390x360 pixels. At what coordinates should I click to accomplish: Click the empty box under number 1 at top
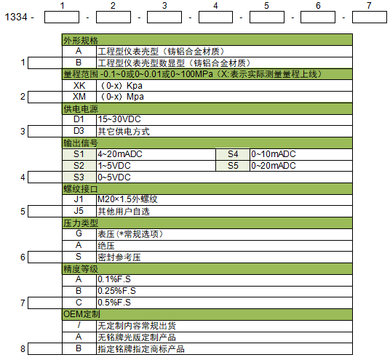coord(62,17)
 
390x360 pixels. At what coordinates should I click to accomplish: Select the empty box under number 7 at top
coord(370,17)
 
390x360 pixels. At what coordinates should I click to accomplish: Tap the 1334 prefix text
coord(16,17)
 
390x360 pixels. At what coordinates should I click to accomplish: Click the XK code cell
coord(79,86)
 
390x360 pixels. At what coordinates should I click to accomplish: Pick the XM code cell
coord(79,97)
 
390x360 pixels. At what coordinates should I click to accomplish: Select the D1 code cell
coord(79,119)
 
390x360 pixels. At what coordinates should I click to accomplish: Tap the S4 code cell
coord(233,154)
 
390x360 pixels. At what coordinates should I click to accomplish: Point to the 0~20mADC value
coord(274,166)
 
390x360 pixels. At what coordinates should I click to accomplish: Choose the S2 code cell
coord(79,166)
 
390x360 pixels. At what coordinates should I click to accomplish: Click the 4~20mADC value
coord(120,154)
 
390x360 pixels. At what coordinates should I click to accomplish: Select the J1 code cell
coord(79,200)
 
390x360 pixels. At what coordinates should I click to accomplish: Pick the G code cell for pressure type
coord(79,234)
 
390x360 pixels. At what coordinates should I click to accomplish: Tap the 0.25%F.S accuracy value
coord(116,291)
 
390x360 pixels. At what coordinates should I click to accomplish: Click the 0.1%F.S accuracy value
coord(114,279)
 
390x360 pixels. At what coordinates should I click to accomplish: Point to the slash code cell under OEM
coord(79,326)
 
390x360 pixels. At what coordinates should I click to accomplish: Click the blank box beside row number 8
coord(45,349)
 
